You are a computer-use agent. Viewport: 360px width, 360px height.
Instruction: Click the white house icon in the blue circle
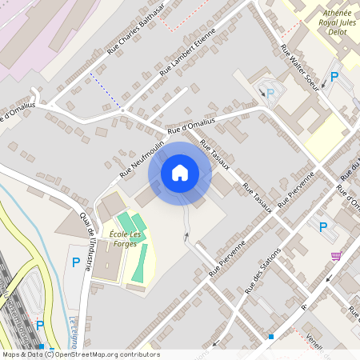click(179, 173)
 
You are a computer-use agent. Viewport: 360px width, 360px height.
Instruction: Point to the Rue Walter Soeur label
click(300, 68)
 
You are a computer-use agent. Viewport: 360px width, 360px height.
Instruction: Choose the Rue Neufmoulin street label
click(142, 155)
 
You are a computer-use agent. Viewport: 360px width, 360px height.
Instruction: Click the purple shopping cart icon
click(335, 256)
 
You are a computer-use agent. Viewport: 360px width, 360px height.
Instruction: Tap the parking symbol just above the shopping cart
click(323, 227)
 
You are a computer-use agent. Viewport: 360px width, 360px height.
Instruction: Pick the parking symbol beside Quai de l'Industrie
click(76, 262)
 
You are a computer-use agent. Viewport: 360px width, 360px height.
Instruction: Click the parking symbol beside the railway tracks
click(40, 325)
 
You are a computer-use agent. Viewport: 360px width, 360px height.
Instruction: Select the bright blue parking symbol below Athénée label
click(334, 77)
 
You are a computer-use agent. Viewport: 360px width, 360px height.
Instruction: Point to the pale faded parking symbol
click(270, 93)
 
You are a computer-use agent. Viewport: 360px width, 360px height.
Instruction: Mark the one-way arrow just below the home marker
click(186, 236)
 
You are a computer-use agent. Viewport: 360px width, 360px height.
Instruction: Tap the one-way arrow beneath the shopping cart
click(329, 278)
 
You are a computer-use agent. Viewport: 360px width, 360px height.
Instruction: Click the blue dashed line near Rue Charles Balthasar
click(106, 90)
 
